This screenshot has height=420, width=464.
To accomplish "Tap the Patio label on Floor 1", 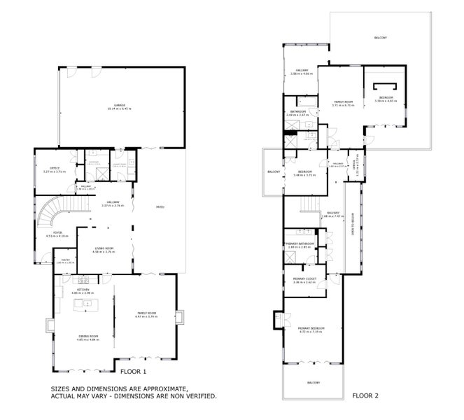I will pyautogui.click(x=160, y=207).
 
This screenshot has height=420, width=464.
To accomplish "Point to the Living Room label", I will pyautogui.click(x=104, y=249).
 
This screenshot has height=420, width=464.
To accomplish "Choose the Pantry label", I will pyautogui.click(x=65, y=261).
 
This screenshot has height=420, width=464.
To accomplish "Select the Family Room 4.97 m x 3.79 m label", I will pyautogui.click(x=146, y=316).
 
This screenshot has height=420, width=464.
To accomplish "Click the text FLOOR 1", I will pyautogui.click(x=133, y=372).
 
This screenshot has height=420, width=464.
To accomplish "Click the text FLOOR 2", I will pyautogui.click(x=365, y=395).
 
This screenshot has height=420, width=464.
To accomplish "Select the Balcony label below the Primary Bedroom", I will pyautogui.click(x=313, y=382).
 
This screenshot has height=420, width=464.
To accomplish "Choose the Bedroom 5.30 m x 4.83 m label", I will pyautogui.click(x=386, y=99).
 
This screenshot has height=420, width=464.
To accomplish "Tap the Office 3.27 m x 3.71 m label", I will pyautogui.click(x=50, y=170).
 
